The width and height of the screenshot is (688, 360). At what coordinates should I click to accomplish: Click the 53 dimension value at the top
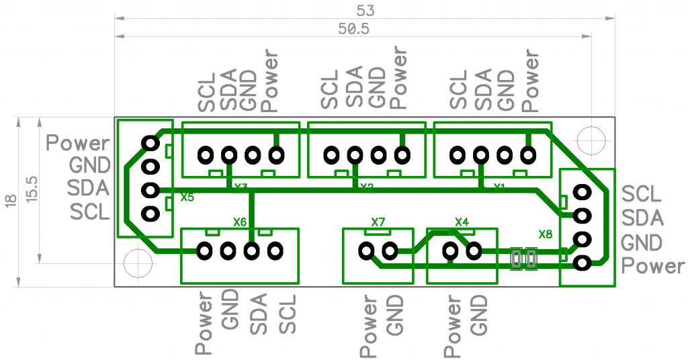[365, 11]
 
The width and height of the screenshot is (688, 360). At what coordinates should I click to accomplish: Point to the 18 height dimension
[9, 201]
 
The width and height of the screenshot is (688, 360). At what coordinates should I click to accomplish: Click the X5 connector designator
[187, 198]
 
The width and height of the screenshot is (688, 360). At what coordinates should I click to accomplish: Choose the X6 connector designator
[240, 222]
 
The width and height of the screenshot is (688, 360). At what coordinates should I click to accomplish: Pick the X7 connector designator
[378, 222]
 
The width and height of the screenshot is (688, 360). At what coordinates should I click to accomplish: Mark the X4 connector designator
[462, 222]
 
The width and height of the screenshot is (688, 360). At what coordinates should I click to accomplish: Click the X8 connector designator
[546, 234]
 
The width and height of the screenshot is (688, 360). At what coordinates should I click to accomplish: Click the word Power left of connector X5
[77, 143]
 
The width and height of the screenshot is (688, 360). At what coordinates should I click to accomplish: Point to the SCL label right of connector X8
[642, 194]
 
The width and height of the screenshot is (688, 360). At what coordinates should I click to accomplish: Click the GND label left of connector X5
[89, 165]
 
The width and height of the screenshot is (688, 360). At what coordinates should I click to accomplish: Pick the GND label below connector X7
[395, 316]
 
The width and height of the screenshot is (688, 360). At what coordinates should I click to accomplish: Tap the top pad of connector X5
[150, 142]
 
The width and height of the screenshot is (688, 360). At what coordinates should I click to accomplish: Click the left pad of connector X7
[366, 252]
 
